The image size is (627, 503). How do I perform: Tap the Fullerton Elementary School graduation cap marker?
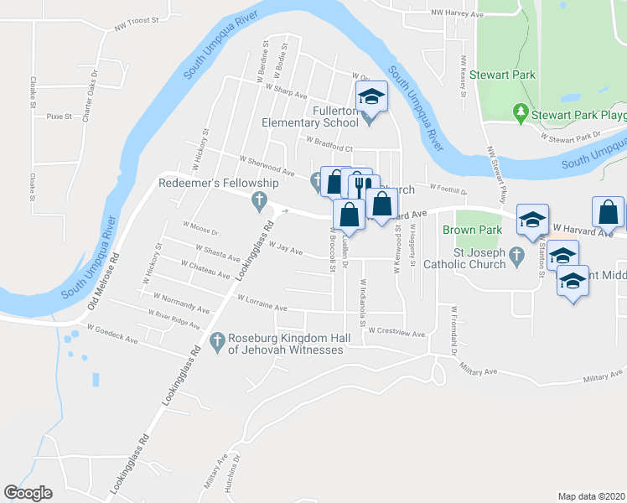(x=372, y=98)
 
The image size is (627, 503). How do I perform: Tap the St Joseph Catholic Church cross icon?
(x=516, y=258)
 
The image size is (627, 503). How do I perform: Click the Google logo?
(x=28, y=493)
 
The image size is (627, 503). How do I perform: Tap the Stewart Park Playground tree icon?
(x=521, y=112)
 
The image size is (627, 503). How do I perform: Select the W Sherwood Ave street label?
(x=267, y=165)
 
